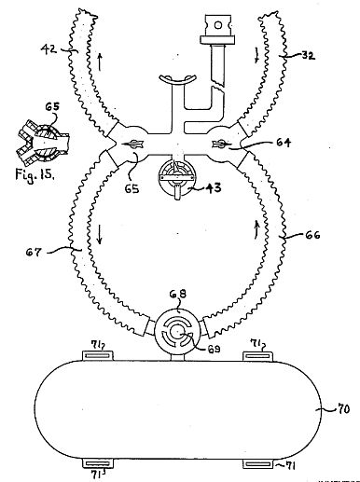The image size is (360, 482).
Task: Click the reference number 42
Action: (x=48, y=48)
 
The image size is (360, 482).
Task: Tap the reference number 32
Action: (x=308, y=56)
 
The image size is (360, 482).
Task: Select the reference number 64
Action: (x=283, y=143)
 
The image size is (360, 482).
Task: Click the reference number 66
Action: (x=312, y=235)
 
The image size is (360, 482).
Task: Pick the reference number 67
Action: (x=34, y=252)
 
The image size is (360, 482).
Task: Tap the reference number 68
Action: (x=178, y=294)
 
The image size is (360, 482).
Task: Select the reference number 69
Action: (x=214, y=349)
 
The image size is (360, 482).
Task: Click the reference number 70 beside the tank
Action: (x=343, y=408)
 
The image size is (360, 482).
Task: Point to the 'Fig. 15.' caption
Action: (x=35, y=174)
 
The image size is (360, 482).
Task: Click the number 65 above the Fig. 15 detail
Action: (x=52, y=106)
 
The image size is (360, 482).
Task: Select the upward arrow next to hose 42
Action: (x=100, y=62)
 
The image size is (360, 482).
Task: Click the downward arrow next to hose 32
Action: (x=256, y=55)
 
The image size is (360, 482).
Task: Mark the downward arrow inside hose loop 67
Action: (x=100, y=235)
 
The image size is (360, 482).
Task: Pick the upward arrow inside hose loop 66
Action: (x=256, y=229)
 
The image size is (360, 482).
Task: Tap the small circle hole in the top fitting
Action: (x=218, y=25)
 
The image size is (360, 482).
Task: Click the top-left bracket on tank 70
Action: (x=98, y=355)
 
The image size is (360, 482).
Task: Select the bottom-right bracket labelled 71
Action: (x=258, y=463)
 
